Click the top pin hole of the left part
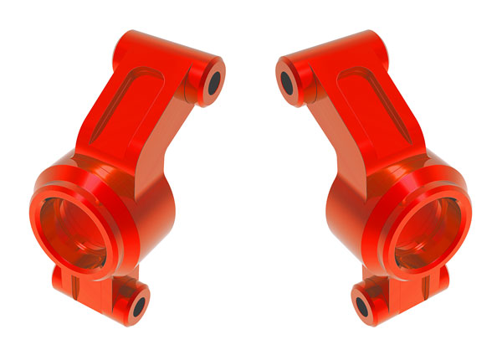click(213, 81)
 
